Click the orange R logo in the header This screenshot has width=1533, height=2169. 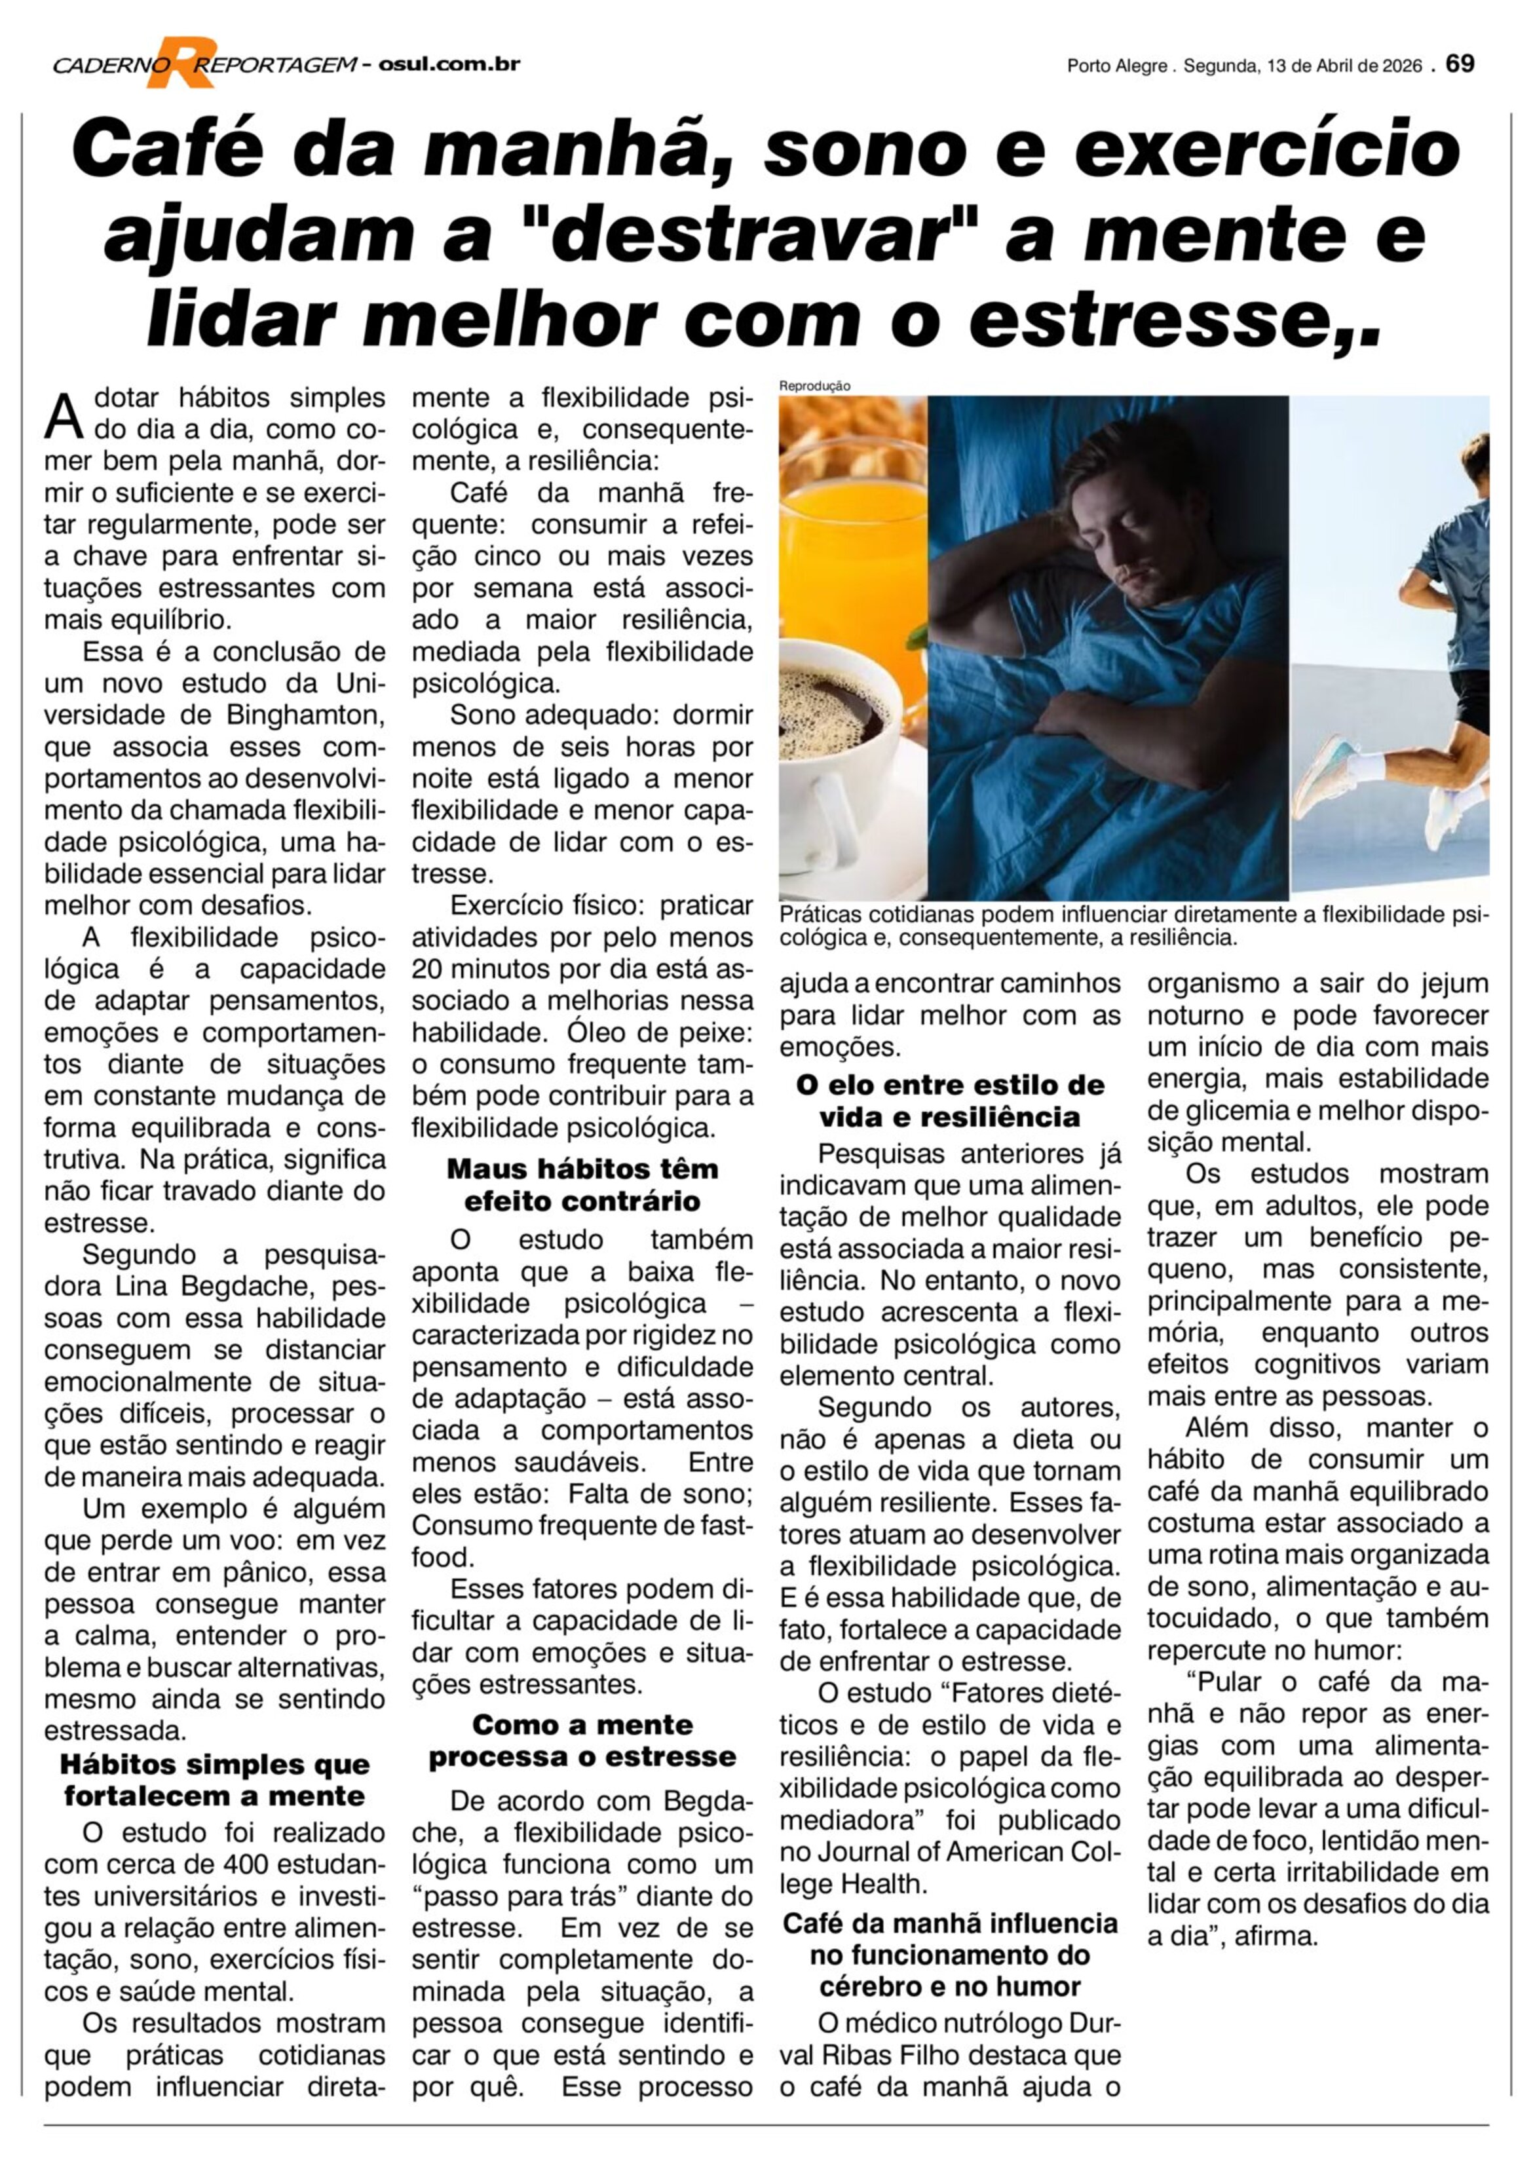pos(180,62)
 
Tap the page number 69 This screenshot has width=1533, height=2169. pos(1460,64)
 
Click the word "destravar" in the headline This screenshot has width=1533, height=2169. pos(751,235)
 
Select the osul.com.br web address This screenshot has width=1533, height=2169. pos(449,64)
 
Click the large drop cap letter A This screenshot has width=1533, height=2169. pos(64,417)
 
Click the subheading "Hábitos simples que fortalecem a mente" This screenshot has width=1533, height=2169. pos(214,1780)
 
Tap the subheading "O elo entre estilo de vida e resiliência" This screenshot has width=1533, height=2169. pos(949,1101)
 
